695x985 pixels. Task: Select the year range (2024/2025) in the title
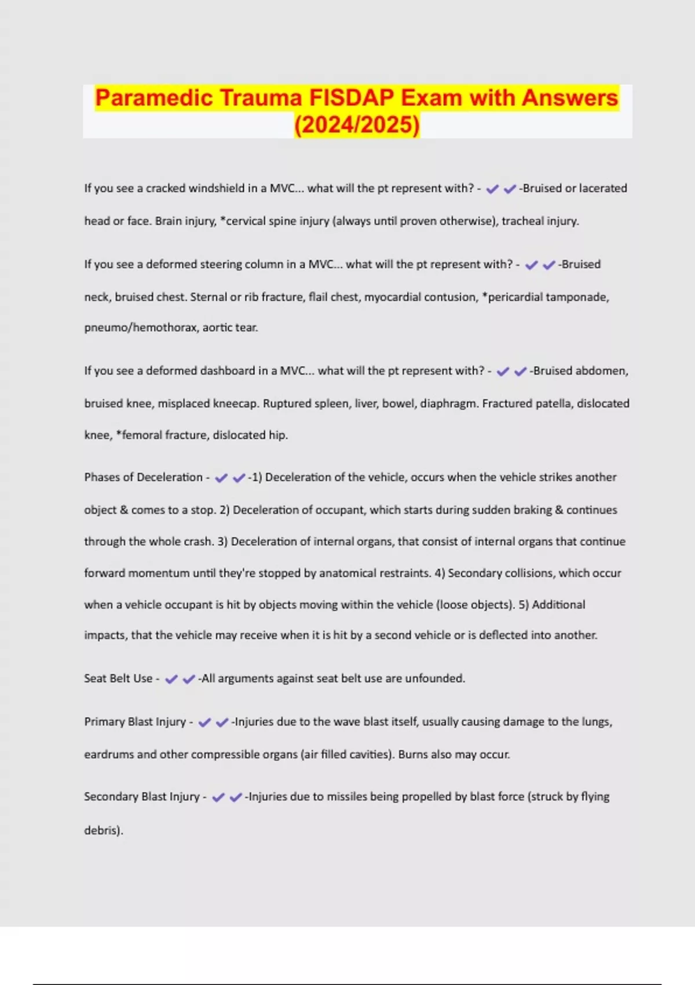[357, 125]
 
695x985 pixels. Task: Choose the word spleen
[330, 403]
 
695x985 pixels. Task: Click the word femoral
[142, 435]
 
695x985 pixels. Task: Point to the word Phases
[102, 477]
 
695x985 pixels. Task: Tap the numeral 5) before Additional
[524, 605]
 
